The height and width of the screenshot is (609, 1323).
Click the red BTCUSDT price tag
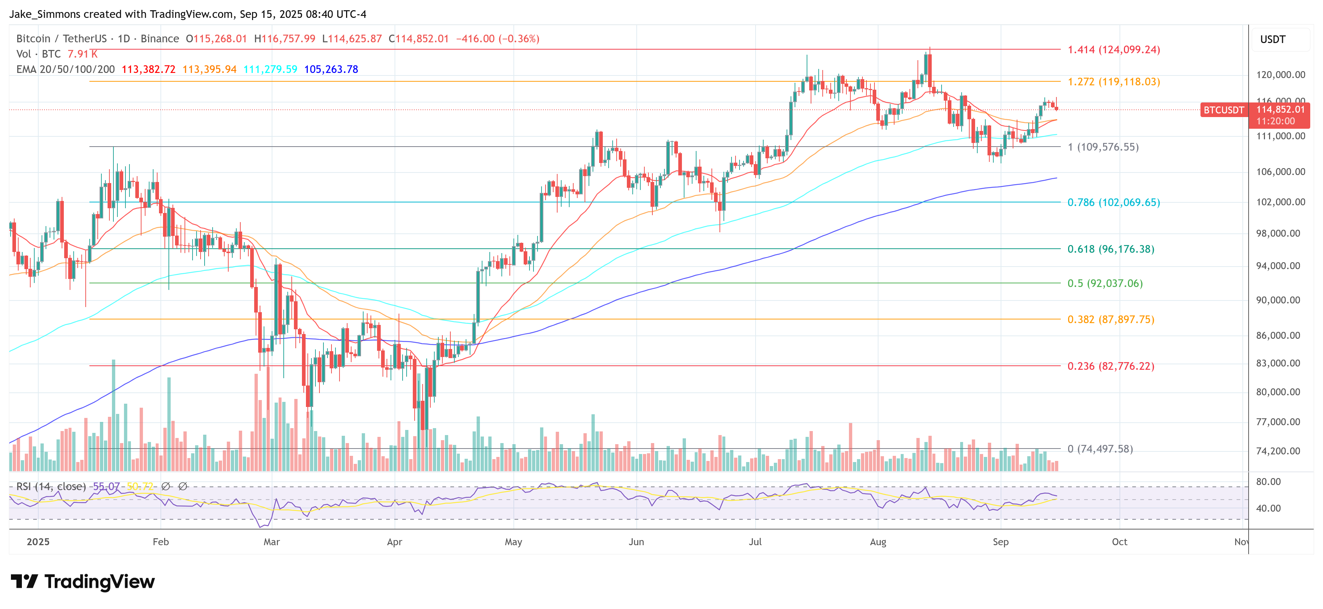(1224, 110)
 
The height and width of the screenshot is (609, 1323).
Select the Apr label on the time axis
(395, 542)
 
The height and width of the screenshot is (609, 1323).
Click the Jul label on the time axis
(755, 542)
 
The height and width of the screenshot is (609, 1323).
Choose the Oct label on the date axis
(1120, 542)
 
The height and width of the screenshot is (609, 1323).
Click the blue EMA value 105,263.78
(331, 69)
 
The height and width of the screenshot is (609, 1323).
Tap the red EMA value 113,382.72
(148, 69)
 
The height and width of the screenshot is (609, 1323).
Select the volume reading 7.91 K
(82, 54)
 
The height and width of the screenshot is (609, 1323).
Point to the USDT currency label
(1273, 39)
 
